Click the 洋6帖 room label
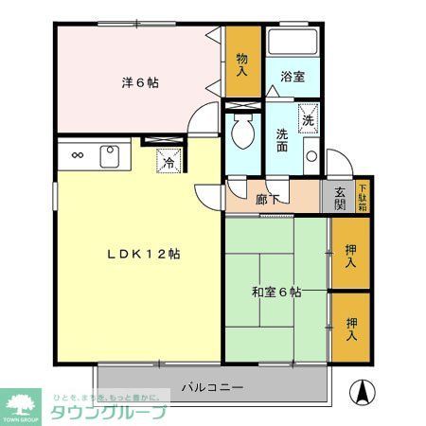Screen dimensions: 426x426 coord(139,82)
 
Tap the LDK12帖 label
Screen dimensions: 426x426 coord(143,254)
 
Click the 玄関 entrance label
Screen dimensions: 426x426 coord(338,198)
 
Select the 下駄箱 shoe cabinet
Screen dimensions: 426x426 coord(364,197)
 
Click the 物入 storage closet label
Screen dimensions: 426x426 coord(242,63)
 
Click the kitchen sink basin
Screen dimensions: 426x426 coord(108,154)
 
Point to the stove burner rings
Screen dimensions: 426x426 coord(77,155)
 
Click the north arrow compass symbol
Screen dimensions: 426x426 coord(363,390)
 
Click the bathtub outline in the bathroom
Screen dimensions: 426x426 coord(293,44)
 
